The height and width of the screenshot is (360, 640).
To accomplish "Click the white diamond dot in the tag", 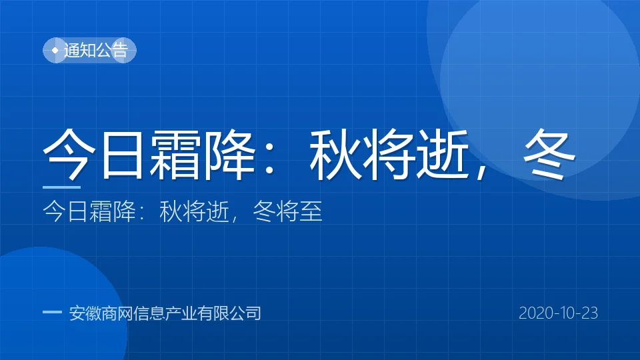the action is [55, 50].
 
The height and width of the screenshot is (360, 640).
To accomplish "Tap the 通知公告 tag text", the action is [96, 50].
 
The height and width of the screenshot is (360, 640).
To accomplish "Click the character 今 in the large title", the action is [69, 154].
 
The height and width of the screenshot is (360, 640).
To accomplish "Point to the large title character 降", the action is [230, 154].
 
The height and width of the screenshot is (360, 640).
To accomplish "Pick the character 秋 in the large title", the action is [336, 154].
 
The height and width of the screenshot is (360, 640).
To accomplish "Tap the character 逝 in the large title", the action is [443, 154].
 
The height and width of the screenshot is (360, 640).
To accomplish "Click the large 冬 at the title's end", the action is [549, 154].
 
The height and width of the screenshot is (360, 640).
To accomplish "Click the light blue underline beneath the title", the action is [61, 187].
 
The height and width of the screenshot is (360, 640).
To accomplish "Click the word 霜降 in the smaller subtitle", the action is [113, 211].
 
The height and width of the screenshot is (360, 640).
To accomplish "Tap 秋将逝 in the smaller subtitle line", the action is [194, 211].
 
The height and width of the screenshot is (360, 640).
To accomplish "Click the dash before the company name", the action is [52, 312].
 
